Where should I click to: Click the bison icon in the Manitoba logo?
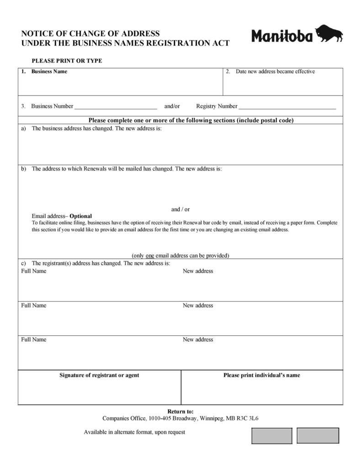point(329,34)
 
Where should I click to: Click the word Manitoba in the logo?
point(282,36)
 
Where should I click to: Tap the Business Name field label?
point(49,72)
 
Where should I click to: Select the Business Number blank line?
point(116,107)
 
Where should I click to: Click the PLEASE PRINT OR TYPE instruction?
point(67,61)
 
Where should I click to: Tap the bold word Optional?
point(80,216)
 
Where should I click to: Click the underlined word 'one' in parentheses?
point(150,255)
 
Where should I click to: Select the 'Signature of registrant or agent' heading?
point(99,375)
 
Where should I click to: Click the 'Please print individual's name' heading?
point(261,375)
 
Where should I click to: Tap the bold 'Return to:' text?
point(180,411)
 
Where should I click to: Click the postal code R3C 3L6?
point(248,418)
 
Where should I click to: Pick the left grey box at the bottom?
point(271,435)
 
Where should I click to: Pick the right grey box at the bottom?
point(318,435)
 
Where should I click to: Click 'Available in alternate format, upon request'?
point(134,432)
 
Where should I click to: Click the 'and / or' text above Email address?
point(180,209)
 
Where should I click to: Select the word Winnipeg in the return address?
point(212,418)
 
